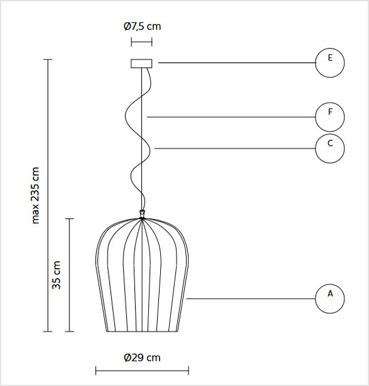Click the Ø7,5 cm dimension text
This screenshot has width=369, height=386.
[x=142, y=26]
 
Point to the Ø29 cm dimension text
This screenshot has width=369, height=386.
[x=142, y=358]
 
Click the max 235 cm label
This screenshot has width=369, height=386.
[x=35, y=196]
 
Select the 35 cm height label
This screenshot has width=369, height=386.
[x=56, y=275]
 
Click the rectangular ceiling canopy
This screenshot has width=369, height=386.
[x=141, y=64]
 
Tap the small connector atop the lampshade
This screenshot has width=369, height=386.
[x=142, y=214]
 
